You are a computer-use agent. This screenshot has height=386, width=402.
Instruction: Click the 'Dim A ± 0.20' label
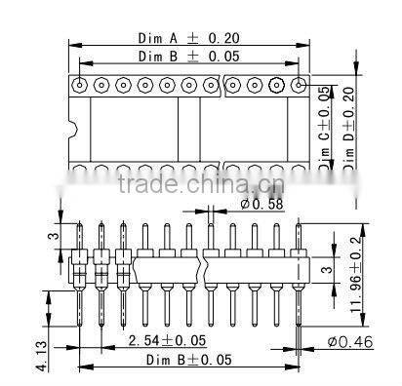(189, 38)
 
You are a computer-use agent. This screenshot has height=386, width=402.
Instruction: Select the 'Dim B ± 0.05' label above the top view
(189, 58)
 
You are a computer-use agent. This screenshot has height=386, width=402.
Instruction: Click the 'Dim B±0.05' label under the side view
(189, 361)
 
